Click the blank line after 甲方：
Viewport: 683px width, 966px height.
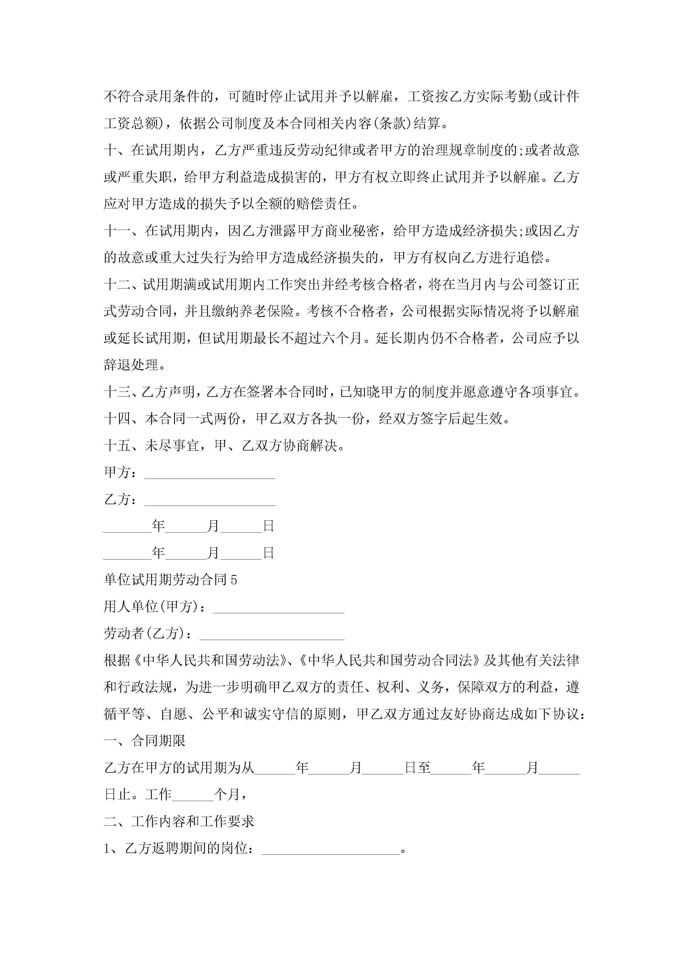coord(210,473)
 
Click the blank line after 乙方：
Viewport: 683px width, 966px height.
coord(210,500)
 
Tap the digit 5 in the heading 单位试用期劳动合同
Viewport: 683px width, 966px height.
coord(234,580)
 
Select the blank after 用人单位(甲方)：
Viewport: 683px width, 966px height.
coord(279,607)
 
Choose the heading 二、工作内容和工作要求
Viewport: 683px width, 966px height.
coord(179,821)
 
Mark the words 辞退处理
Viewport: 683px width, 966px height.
coord(131,365)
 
